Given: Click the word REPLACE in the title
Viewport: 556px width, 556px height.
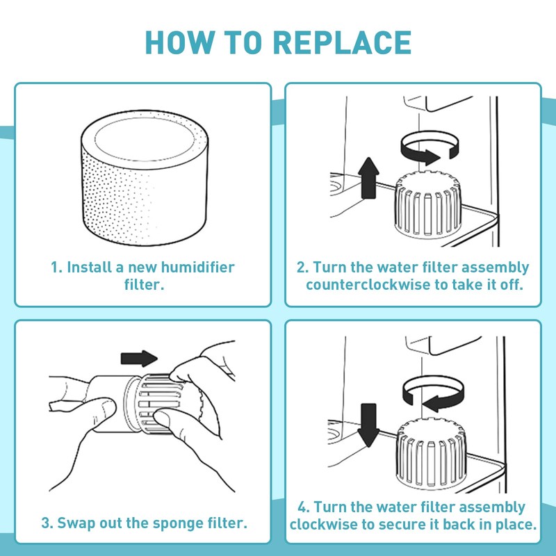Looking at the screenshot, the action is point(342,42).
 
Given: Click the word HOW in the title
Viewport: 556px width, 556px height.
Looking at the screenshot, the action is point(179,42).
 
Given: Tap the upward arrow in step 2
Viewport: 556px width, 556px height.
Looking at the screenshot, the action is point(369,178).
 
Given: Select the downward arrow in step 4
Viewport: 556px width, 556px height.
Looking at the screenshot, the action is point(368,425).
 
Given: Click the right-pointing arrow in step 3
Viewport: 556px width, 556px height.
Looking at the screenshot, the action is point(139,359).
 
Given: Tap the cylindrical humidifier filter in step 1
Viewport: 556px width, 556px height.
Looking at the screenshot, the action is point(145,177).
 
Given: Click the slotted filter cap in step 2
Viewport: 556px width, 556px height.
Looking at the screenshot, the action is point(427,204).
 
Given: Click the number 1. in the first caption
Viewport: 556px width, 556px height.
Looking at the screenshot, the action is point(57,268).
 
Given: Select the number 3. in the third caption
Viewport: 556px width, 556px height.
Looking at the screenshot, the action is point(47,523).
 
